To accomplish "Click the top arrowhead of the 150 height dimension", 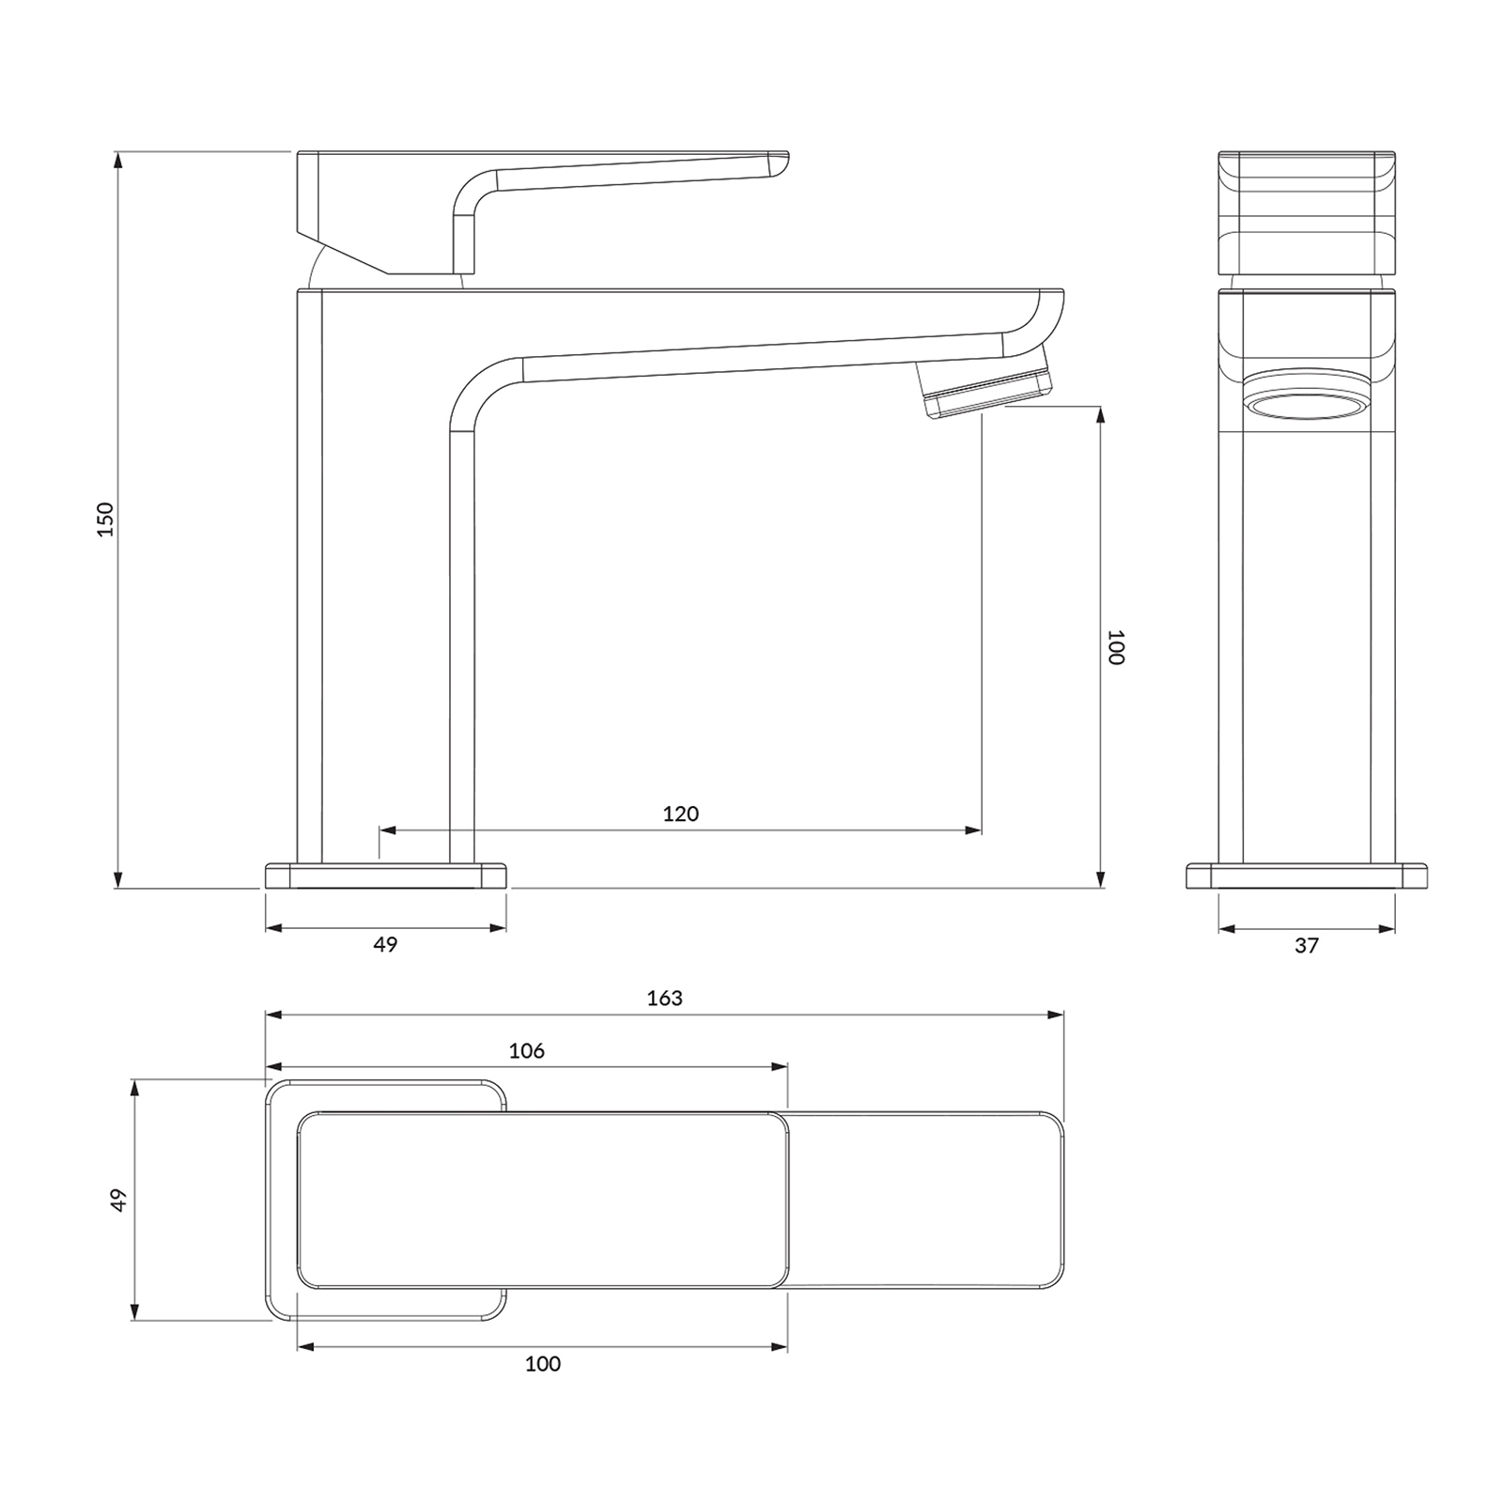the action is point(118,160).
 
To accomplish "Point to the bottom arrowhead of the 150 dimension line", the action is point(118,878).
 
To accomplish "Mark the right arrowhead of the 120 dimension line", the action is point(972,830).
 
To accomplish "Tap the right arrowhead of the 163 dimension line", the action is point(1055,1015).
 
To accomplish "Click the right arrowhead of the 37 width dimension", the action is point(1386,929).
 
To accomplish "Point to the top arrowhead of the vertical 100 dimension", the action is point(1100,415).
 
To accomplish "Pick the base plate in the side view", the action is point(386,876).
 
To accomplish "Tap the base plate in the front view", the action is point(1307,876).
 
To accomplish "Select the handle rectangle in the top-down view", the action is point(543,1200).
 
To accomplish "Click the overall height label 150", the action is point(105,519).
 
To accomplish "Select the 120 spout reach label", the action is point(681,813).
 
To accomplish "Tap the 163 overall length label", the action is point(665,998).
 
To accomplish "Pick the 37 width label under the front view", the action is point(1307,946).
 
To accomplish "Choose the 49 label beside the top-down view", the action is point(117,1200).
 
